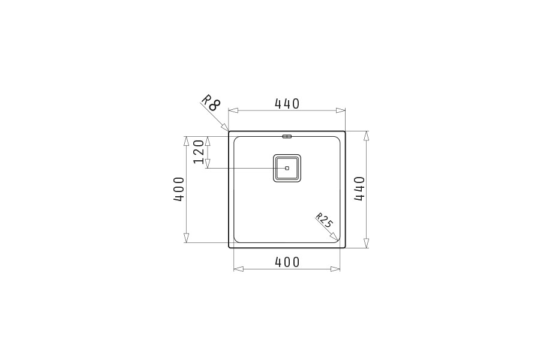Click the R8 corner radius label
[210, 102]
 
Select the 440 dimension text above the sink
[287, 103]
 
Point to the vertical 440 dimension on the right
[359, 189]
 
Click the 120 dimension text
[199, 152]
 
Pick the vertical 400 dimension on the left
[179, 189]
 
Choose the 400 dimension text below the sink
[287, 262]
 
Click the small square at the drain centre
[287, 168]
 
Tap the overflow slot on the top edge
[287, 136]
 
